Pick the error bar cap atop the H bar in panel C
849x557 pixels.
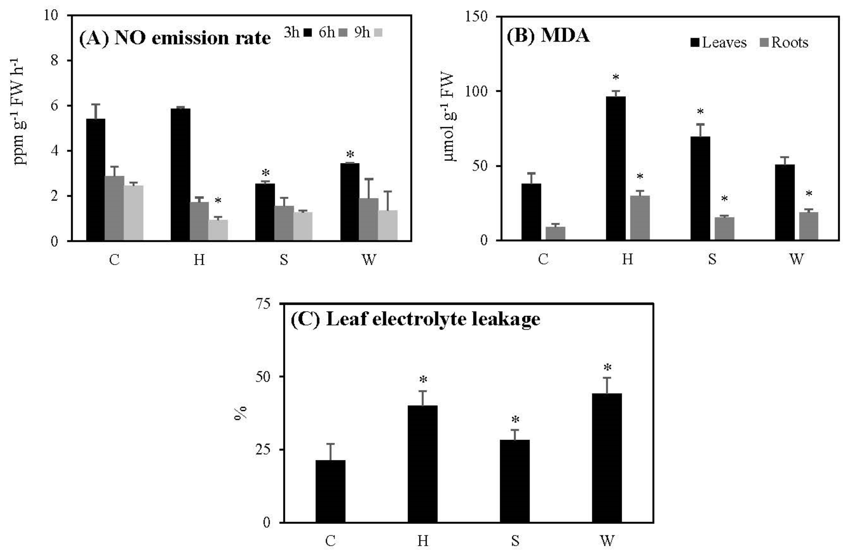point(423,391)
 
